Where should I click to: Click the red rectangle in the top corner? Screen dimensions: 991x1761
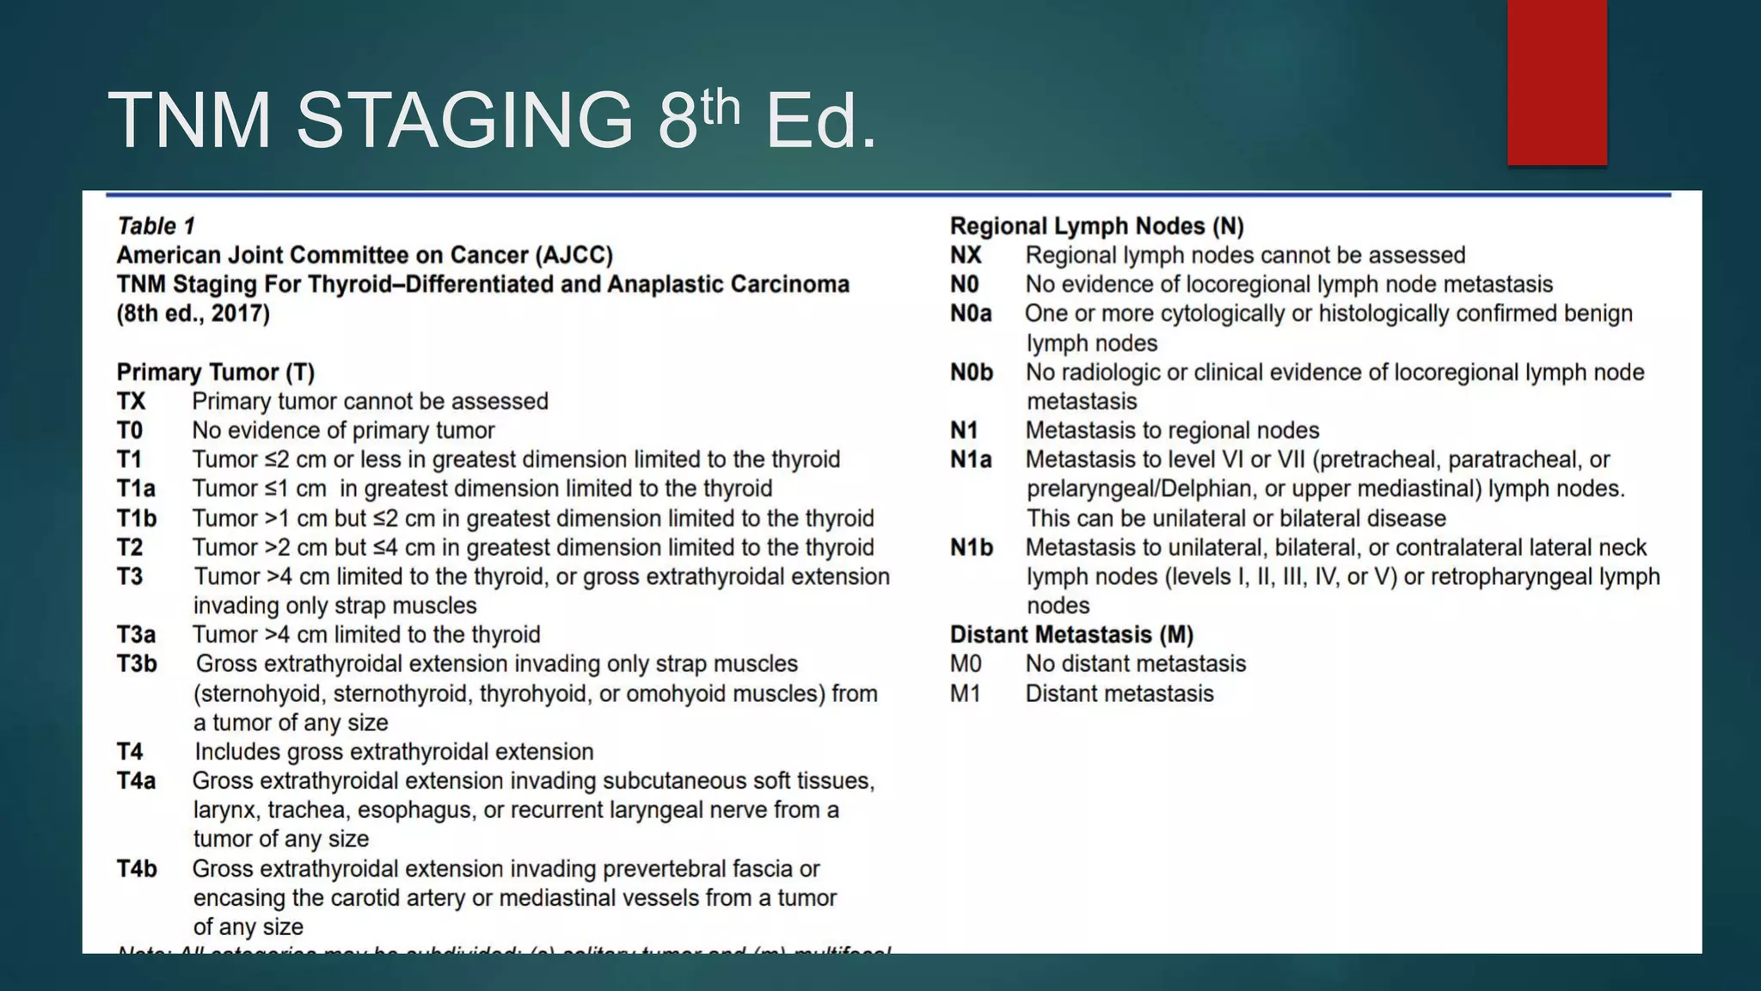1556,82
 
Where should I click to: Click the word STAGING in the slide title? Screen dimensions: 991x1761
464,120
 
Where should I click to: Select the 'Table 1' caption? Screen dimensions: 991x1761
156,226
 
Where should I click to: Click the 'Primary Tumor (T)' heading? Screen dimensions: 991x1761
216,372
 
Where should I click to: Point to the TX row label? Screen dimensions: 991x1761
132,402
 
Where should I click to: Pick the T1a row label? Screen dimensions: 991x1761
136,489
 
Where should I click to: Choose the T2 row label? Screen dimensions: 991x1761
130,548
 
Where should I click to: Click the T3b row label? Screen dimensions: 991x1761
137,664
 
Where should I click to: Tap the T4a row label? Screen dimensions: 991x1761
136,781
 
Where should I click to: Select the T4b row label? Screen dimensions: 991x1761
137,869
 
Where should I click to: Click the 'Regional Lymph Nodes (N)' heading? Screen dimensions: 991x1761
1096,226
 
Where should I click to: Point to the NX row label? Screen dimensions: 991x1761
966,255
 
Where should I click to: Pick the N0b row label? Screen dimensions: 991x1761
971,372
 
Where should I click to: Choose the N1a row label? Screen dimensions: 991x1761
971,460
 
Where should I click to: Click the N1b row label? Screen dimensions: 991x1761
971,548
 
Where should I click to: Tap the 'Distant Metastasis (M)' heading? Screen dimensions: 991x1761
1071,635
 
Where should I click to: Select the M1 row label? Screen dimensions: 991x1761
965,693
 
